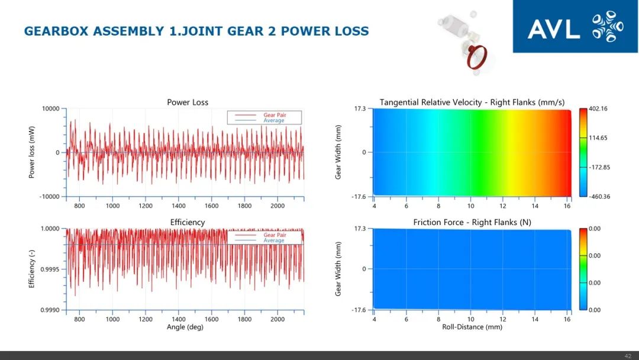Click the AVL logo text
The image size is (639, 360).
pos(553,28)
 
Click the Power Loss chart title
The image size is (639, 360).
pos(188,102)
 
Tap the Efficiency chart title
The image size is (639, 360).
pos(188,223)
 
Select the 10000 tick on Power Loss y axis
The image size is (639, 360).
pos(50,109)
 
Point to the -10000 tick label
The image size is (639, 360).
pos(49,197)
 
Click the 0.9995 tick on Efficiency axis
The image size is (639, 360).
pos(50,269)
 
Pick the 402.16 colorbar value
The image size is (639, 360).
pos(598,109)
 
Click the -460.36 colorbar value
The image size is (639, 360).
pos(599,197)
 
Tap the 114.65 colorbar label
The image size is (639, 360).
pos(598,138)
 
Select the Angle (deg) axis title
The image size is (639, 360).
pos(185,327)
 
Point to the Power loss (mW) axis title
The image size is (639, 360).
pos(32,153)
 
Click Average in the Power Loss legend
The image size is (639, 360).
pos(274,121)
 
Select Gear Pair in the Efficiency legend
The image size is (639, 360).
pos(274,235)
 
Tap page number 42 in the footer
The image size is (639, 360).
pos(628,355)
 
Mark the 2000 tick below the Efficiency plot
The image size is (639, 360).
pos(277,319)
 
